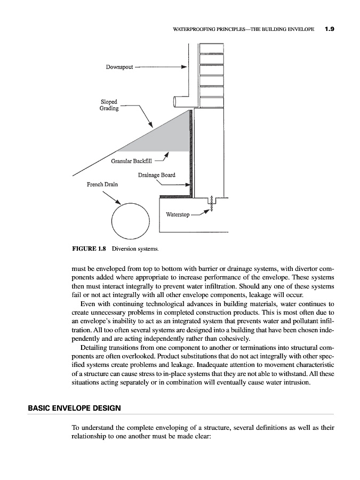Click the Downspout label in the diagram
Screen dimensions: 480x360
coord(119,68)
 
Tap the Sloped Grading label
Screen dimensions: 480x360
coord(110,105)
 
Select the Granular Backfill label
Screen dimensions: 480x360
coord(132,161)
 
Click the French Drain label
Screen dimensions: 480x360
coord(102,185)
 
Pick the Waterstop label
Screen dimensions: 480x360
coord(177,215)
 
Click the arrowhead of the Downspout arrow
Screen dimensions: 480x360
coord(183,68)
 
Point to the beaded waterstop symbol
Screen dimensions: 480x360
coord(212,204)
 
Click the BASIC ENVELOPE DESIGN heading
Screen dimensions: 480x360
coord(74,408)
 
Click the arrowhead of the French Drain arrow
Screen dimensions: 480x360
coord(117,202)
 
